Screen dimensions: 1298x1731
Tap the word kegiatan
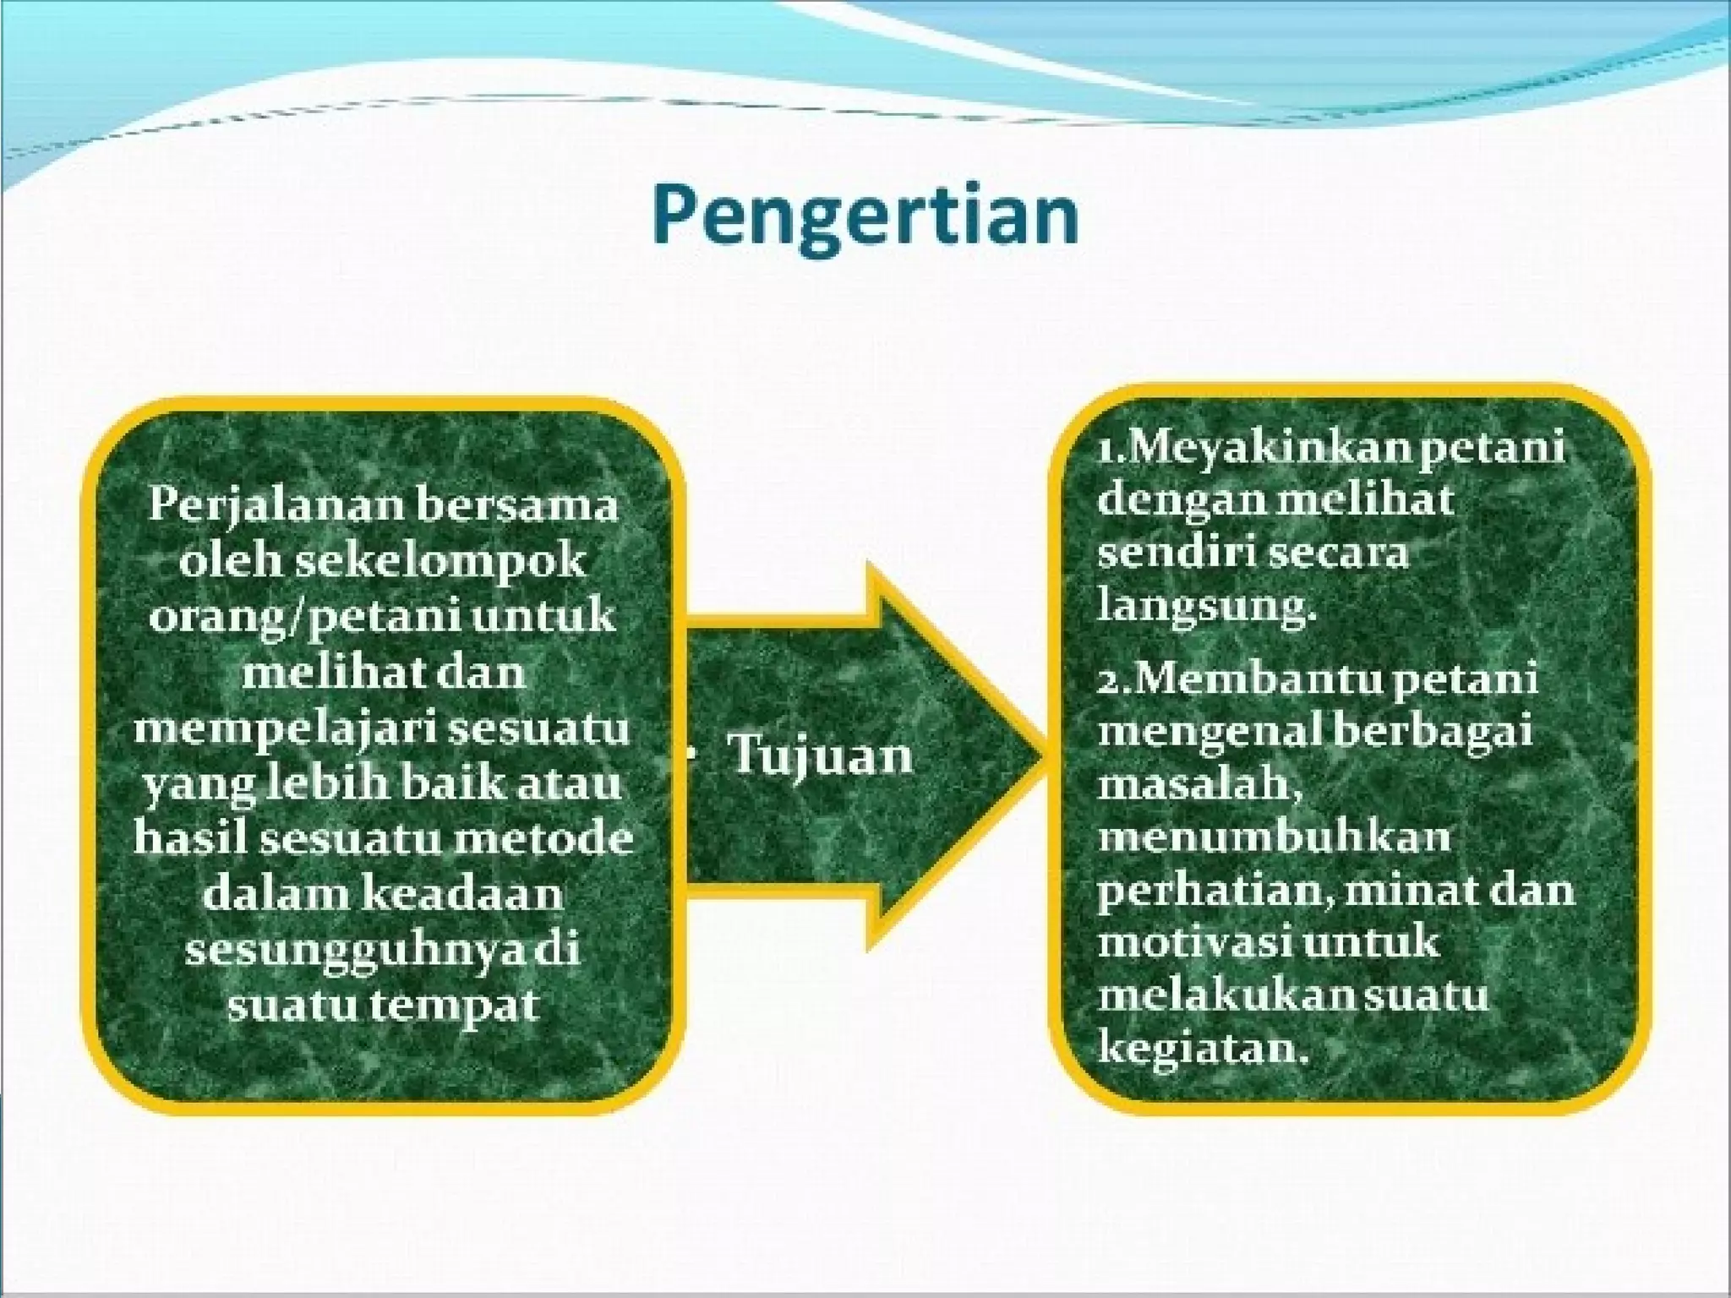click(1197, 1049)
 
